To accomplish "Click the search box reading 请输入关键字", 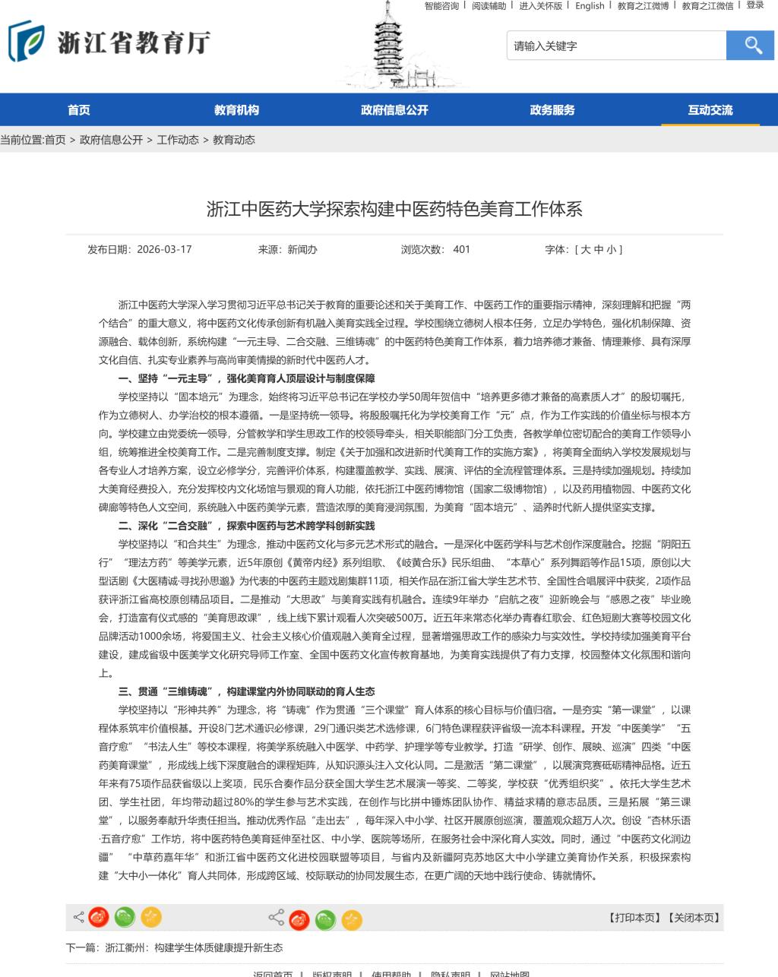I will tap(615, 46).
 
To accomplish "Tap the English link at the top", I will tap(590, 6).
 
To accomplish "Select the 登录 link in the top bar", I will tap(755, 5).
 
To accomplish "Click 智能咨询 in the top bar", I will tap(441, 6).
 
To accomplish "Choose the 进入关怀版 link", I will tap(540, 6).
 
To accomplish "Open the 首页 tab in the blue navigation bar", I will tap(79, 110).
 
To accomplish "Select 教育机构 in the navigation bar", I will tap(236, 110).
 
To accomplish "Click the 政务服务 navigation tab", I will tap(552, 110).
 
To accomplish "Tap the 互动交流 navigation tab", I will tap(710, 110).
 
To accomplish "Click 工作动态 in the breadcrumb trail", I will tap(178, 140).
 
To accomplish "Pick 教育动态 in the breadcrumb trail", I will tap(234, 140).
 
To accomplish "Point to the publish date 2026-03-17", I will tap(164, 249).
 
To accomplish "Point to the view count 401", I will tap(462, 249).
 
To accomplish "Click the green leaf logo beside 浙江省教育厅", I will tap(25, 42).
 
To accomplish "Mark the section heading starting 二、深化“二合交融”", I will tap(247, 526).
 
